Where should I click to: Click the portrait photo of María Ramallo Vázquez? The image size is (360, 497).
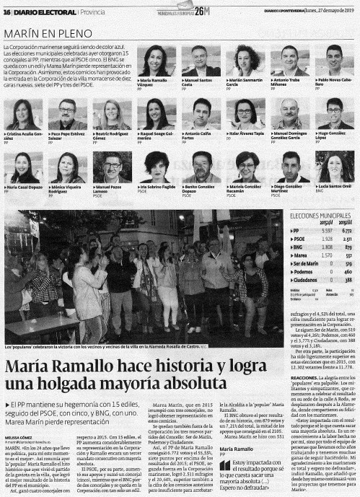point(156,61)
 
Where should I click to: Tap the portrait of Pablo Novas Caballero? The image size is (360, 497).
point(333,61)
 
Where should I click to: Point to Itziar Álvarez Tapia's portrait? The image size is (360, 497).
point(245,113)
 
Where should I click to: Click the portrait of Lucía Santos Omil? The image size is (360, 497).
point(334,167)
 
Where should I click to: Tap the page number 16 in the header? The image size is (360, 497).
point(6,7)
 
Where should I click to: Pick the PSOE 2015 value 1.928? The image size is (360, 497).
point(325,239)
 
